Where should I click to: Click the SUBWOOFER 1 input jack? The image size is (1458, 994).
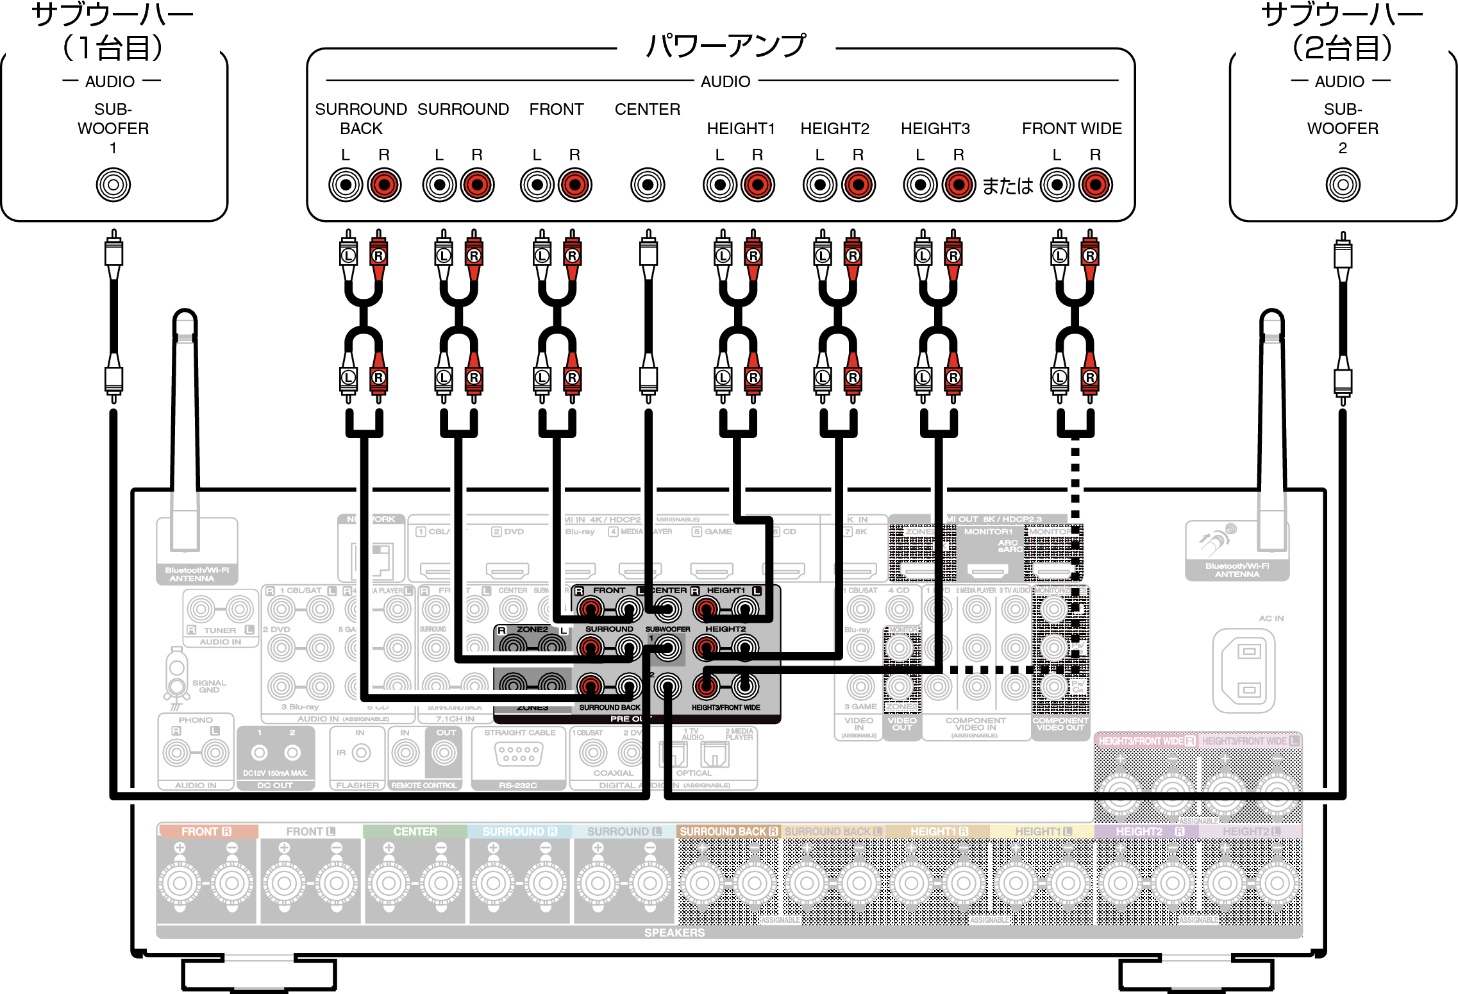[x=113, y=185]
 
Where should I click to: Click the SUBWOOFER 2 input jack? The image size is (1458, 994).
[x=1343, y=185]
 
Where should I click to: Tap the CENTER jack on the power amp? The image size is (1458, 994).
[x=648, y=185]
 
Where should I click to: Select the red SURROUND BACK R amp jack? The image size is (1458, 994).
[x=384, y=185]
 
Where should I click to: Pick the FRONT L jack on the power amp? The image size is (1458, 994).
[x=537, y=185]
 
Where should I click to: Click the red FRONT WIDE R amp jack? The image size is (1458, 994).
[x=1095, y=185]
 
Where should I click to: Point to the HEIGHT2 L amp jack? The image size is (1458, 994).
[x=820, y=185]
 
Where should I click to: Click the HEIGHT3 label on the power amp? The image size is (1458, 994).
[x=935, y=129]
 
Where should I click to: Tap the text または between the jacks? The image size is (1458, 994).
[x=1007, y=186]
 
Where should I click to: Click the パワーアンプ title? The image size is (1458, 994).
[x=726, y=46]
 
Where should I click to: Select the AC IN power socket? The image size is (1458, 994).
[x=1244, y=670]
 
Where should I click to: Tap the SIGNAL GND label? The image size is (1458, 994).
[x=209, y=686]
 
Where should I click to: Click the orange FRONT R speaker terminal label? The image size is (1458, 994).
[x=206, y=832]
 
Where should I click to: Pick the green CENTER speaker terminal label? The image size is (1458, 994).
[x=415, y=832]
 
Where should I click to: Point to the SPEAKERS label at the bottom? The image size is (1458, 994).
[x=675, y=932]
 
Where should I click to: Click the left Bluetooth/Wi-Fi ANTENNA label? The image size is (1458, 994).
[x=197, y=574]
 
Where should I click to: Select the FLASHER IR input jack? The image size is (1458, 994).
[x=361, y=753]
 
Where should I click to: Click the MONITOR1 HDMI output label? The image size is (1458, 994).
[x=988, y=532]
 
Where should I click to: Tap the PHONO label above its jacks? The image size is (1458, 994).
[x=196, y=720]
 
